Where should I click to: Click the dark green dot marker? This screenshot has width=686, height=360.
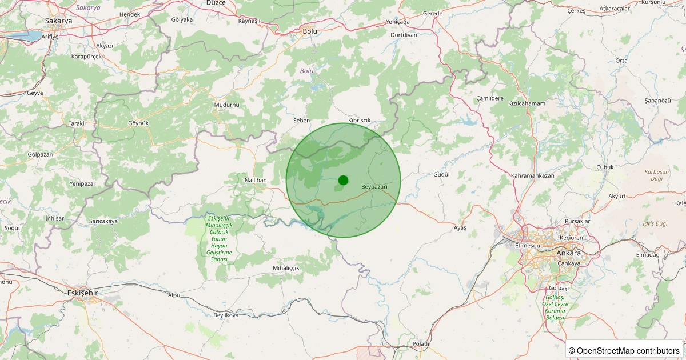coord(343,180)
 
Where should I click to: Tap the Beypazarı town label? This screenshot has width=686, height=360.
coord(374,187)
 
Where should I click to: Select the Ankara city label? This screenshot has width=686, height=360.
coord(568,253)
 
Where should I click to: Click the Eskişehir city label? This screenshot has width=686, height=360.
coord(83,293)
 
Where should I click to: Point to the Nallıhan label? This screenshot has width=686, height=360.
coord(256,180)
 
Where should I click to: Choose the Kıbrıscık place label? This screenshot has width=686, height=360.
coord(360,120)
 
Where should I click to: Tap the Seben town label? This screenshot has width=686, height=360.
coord(301,121)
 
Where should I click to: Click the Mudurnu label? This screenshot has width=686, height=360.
coord(226,105)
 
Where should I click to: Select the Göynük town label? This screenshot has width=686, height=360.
coord(138,123)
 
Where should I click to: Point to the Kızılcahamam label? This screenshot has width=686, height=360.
coord(527,103)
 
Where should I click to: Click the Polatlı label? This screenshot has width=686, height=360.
coord(420,343)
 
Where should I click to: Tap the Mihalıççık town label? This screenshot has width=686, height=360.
coord(286,267)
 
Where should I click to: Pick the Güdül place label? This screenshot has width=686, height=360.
coord(442,174)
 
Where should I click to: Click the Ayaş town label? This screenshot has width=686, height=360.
coord(460,227)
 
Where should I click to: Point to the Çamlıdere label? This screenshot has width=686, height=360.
coord(490,98)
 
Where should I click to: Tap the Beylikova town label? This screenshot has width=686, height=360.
coord(225,315)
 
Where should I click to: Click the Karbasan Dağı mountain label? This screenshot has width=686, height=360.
coord(656,175)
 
